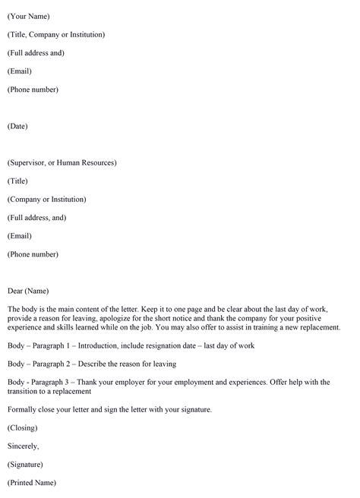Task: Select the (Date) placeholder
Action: coord(17,126)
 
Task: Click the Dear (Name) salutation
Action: coord(28,291)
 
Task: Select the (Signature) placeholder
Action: coord(25,465)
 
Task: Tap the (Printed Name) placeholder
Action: coord(32,483)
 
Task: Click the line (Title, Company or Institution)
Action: coord(56,34)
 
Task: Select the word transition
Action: coord(24,392)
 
